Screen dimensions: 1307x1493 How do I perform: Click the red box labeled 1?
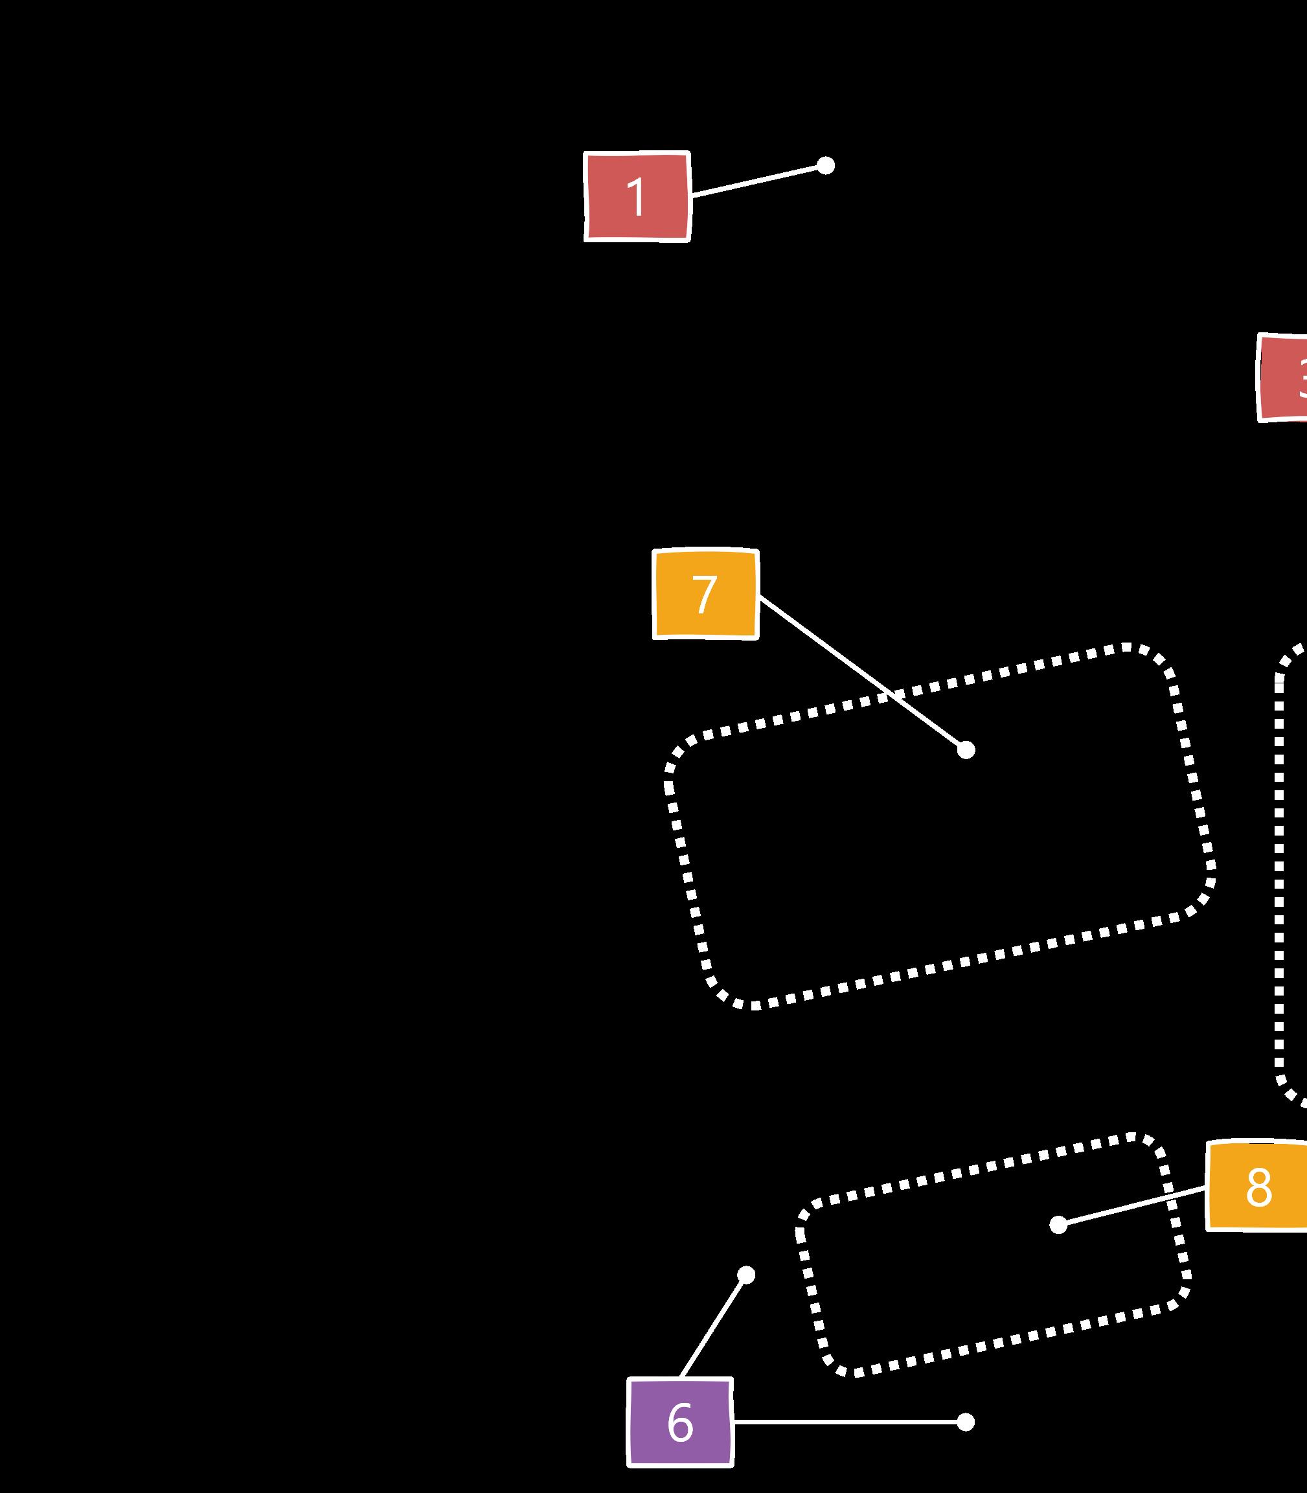point(637,196)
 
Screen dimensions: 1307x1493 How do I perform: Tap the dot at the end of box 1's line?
point(825,166)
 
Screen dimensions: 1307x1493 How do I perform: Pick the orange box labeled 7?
point(705,595)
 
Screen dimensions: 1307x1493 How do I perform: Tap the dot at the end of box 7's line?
point(966,750)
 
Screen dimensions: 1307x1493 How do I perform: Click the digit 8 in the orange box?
point(1259,1188)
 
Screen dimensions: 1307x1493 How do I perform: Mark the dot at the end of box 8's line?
point(1058,1225)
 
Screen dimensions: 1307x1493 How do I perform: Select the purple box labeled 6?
point(680,1422)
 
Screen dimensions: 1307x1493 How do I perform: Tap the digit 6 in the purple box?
point(680,1422)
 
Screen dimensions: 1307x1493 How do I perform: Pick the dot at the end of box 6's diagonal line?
point(745,1275)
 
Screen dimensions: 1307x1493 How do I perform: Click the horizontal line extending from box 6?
point(846,1422)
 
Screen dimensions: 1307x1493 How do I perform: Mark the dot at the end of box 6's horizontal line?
point(965,1422)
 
